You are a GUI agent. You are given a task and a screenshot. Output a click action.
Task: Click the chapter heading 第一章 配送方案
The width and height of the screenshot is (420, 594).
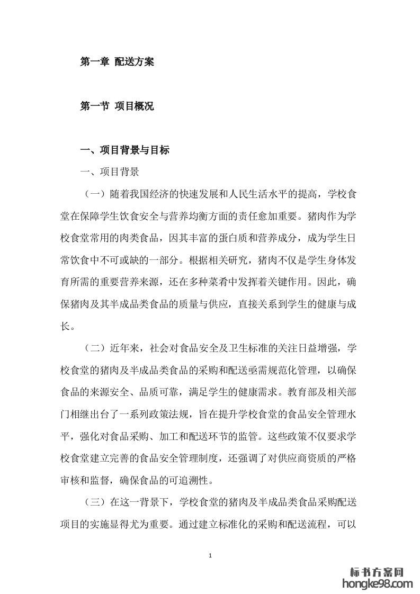[x=117, y=62]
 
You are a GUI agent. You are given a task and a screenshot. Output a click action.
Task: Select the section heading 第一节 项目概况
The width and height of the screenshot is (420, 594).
[x=117, y=106]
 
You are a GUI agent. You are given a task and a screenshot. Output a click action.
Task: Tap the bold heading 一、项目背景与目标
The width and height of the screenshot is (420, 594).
[x=124, y=151]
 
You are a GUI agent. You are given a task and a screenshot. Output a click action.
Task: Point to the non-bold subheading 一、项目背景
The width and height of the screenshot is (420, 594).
[x=109, y=172]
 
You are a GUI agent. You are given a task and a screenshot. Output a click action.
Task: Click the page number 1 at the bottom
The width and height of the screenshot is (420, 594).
[x=211, y=555]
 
